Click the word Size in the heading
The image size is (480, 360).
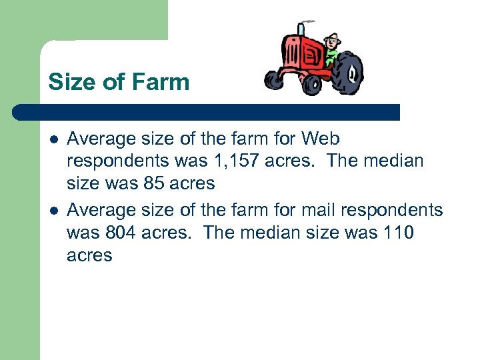click(x=70, y=83)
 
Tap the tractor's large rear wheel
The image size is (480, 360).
click(x=346, y=73)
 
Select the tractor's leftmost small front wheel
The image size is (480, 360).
click(x=274, y=80)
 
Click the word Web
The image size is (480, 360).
click(x=321, y=139)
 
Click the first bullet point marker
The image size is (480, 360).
click(x=53, y=139)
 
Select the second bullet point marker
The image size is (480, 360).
click(x=53, y=211)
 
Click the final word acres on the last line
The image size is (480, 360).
click(x=89, y=255)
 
